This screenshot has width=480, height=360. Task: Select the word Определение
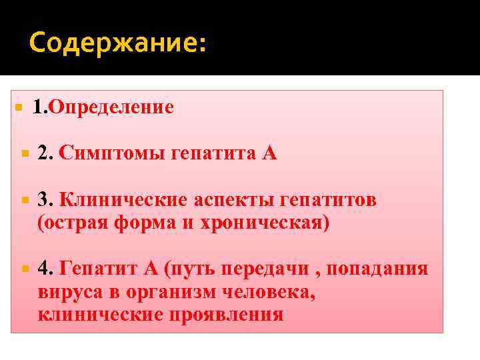pos(111,107)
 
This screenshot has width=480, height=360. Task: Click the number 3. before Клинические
pos(45,201)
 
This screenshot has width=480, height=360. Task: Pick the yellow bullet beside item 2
pos(24,154)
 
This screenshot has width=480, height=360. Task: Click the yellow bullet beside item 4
pos(24,269)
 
